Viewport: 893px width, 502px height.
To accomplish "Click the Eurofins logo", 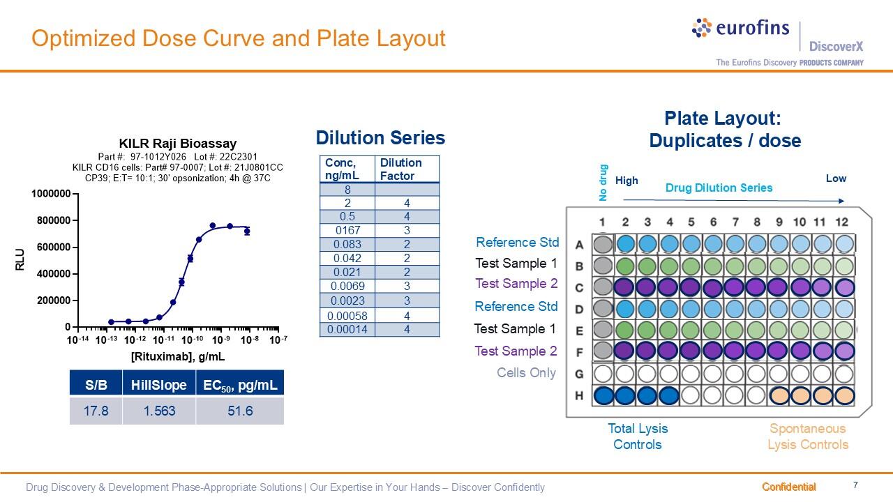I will pos(740,28).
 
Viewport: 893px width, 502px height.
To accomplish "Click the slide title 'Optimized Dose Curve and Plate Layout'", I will pos(239,38).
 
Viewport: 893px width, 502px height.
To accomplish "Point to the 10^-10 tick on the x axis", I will pos(192,340).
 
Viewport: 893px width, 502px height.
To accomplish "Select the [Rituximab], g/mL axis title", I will pos(178,356).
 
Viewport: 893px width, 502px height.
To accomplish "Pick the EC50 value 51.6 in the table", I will pos(240,411).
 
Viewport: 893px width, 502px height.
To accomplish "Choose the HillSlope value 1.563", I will pos(159,411).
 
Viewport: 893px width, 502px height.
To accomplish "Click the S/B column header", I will pos(96,384).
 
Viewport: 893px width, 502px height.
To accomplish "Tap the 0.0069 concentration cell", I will pos(347,286).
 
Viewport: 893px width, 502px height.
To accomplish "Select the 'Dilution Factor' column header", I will pos(401,169).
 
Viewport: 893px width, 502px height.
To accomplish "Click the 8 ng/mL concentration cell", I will pos(347,190).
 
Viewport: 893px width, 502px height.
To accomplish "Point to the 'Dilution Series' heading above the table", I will pos(380,138).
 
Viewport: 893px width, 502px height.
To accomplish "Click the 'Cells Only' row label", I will pos(526,372).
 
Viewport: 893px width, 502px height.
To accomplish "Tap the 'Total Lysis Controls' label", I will pos(638,436).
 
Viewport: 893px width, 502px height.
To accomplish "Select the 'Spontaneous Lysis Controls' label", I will pos(808,436).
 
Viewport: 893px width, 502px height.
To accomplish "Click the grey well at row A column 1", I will pos(603,244).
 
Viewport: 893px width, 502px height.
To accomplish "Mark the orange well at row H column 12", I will pos(845,395).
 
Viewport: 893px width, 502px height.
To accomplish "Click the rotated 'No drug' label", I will pos(604,183).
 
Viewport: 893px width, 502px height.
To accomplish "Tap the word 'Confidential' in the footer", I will pos(788,487).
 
